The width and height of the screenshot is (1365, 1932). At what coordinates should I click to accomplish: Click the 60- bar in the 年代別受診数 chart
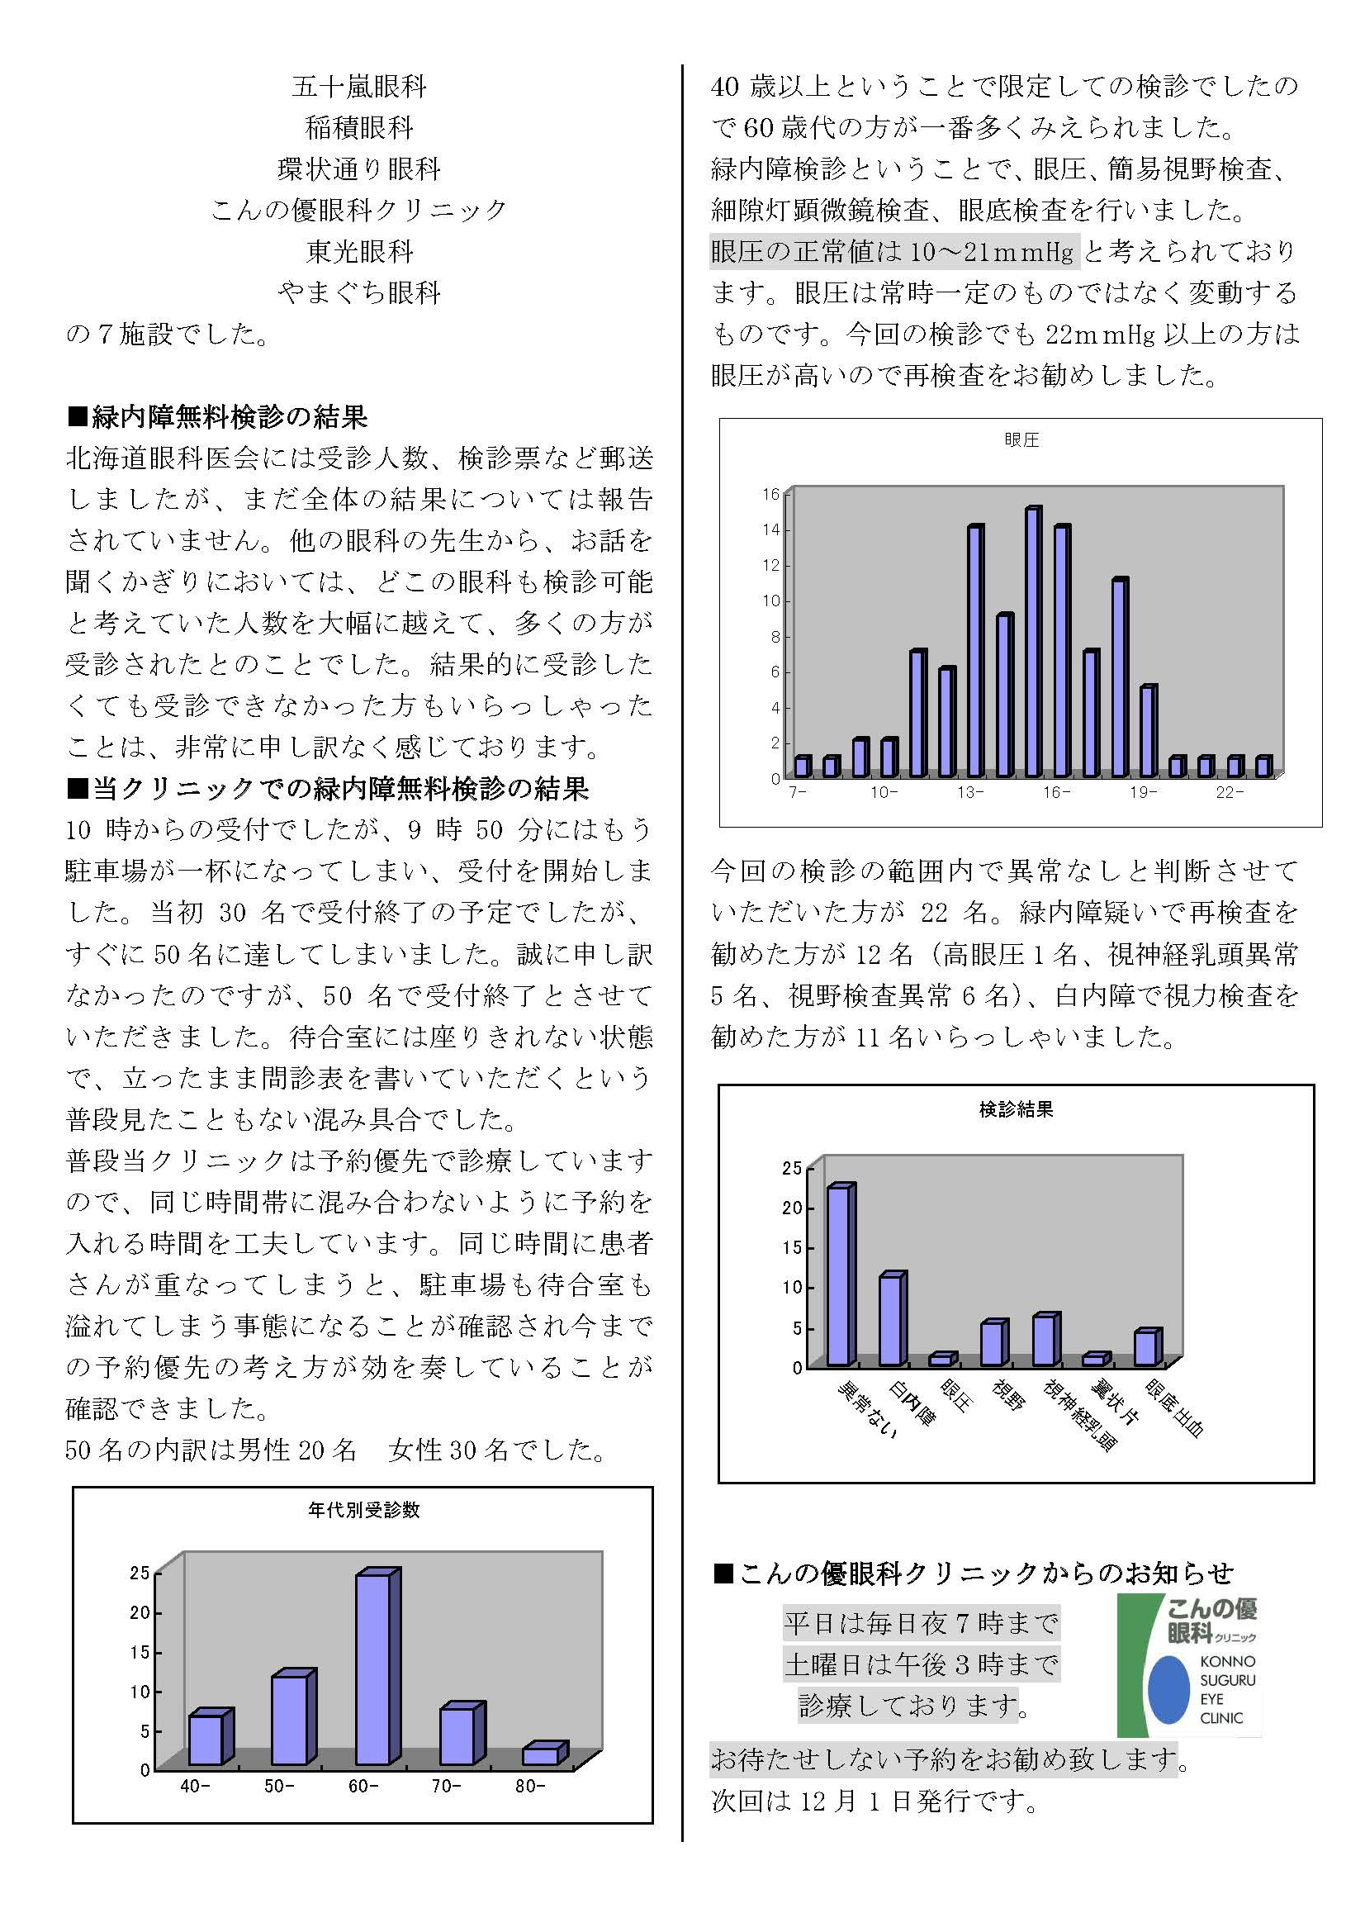point(372,1669)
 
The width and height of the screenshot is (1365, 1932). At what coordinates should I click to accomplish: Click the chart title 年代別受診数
point(363,1510)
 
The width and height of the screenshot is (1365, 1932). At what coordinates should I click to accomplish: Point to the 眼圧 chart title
point(1021,439)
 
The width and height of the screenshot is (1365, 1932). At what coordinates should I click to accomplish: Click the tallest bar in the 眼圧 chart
point(1032,641)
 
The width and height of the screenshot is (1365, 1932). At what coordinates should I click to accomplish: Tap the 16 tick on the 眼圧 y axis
point(771,494)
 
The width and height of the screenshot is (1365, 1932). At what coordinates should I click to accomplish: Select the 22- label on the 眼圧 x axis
point(1229,793)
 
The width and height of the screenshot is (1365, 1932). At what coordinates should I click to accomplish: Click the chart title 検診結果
point(1016,1109)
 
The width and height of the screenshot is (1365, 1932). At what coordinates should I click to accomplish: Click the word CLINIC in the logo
point(1221,1718)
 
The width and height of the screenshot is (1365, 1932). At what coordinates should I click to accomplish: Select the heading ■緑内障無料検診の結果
point(217,416)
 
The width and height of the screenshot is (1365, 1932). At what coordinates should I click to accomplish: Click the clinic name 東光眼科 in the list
point(359,251)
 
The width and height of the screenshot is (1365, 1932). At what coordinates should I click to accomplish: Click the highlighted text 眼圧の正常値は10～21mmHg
point(893,251)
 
